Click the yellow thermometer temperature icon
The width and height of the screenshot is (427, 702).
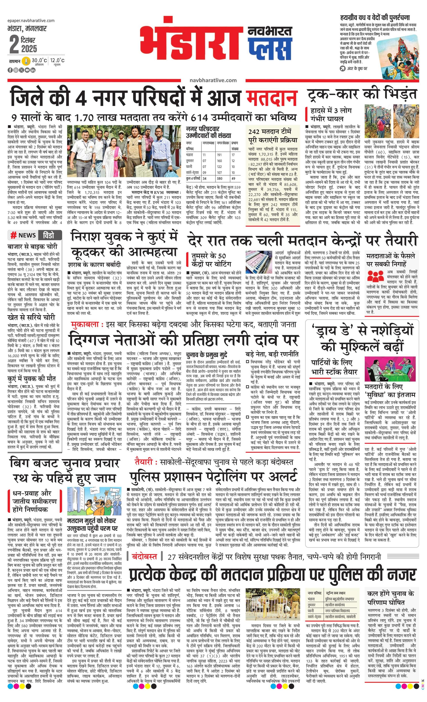[x=27, y=61]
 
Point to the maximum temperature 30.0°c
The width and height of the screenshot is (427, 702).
[x=39, y=60]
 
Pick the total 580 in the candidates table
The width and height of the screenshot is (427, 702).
[x=219, y=178]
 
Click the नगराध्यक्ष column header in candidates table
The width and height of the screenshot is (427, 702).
[x=208, y=143]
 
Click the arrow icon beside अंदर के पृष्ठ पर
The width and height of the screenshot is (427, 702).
[x=342, y=68]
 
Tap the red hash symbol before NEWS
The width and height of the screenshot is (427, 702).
[x=13, y=235]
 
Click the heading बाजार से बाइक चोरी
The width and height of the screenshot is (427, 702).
[x=32, y=246]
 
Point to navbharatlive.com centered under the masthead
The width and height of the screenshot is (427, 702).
[x=213, y=80]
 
